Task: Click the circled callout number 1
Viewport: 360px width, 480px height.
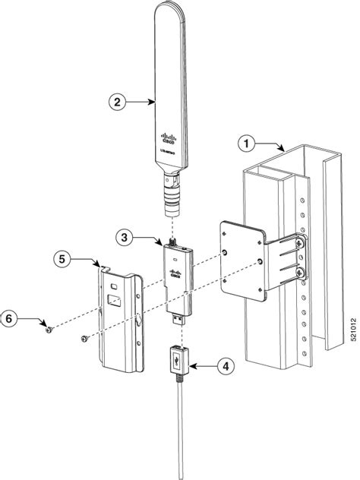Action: pyautogui.click(x=245, y=142)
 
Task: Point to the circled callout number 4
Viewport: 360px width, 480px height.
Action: pyautogui.click(x=223, y=365)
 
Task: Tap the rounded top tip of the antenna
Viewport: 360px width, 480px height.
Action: pyautogui.click(x=169, y=9)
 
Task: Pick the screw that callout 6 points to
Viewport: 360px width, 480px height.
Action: pyautogui.click(x=49, y=330)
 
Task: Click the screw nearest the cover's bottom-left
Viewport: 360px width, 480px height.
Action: pyautogui.click(x=84, y=339)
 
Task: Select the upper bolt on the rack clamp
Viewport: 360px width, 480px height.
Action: pyautogui.click(x=301, y=242)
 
